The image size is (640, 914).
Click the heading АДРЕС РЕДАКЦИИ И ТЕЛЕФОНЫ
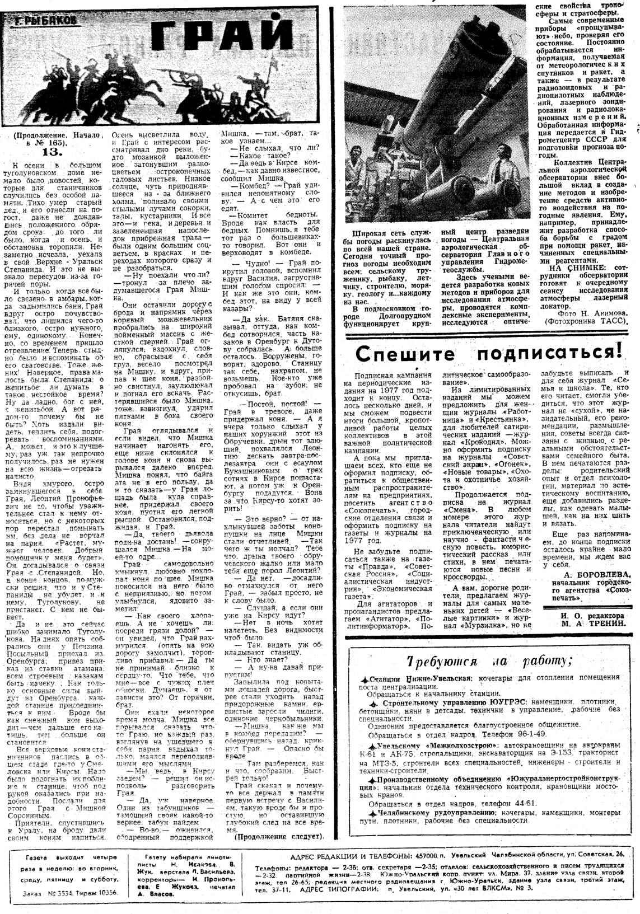click(x=351, y=856)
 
